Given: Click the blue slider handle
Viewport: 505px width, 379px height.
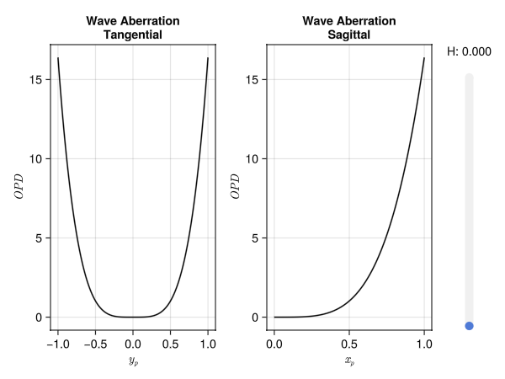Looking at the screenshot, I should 469,325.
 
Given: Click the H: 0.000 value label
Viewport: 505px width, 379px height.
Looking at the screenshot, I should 469,52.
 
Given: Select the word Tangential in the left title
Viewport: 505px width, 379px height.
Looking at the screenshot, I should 133,35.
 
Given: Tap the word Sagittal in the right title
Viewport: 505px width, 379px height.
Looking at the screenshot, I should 348,35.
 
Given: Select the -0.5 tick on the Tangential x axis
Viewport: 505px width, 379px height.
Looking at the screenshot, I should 93,343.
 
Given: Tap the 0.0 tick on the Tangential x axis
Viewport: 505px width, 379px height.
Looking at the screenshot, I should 133,343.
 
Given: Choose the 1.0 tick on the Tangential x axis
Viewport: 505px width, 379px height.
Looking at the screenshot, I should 208,343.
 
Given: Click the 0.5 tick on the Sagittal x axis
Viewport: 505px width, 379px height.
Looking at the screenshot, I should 349,343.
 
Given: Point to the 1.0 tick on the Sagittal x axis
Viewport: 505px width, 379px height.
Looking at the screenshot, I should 424,343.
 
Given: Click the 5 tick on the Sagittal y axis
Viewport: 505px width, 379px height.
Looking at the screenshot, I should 255,238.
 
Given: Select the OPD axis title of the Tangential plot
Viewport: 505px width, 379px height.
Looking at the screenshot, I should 19,186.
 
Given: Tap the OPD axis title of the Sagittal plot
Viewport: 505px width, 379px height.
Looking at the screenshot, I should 235,186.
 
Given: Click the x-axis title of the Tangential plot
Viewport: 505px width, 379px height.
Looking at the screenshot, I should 133,362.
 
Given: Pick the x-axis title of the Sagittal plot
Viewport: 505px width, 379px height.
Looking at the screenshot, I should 349,362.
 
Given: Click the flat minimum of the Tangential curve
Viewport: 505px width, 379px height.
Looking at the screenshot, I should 133,317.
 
